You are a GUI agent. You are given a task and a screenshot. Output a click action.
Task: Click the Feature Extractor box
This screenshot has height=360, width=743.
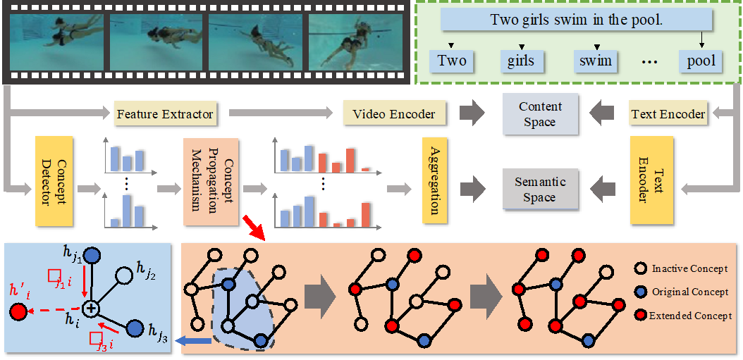point(164,113)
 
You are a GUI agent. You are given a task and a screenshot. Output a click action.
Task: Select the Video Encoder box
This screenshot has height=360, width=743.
point(393,113)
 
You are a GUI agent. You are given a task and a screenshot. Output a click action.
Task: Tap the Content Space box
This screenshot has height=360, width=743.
point(539,114)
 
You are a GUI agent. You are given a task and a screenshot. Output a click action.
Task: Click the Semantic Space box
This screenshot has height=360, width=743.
point(539,190)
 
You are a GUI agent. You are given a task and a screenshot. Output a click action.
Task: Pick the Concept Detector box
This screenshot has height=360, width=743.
point(54,181)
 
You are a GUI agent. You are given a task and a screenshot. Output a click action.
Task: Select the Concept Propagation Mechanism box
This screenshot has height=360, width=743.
point(211,181)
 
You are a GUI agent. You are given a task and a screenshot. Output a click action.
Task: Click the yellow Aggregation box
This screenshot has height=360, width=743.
point(435,181)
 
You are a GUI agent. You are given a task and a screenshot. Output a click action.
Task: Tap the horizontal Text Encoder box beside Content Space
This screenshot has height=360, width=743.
point(668,113)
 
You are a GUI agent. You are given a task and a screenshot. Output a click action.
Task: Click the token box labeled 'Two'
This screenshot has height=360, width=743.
point(452,61)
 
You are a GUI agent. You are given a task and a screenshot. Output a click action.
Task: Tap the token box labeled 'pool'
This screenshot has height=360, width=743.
point(701,61)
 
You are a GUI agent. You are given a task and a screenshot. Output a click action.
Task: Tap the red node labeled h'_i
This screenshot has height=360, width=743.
point(16,311)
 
